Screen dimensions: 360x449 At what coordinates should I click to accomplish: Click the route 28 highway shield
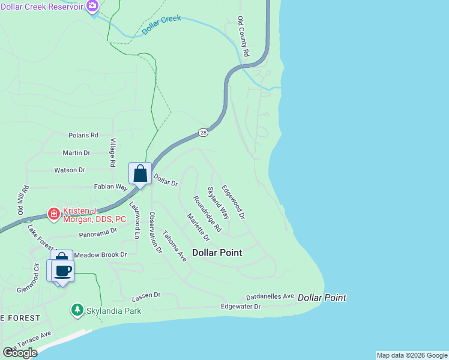[x=203, y=132]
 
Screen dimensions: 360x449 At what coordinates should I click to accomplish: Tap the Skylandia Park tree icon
[x=77, y=310]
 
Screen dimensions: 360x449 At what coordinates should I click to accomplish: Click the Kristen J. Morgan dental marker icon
[x=53, y=213]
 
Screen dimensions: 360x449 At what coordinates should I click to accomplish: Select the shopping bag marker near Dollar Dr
[x=140, y=174]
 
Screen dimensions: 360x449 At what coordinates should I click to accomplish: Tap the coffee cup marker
[x=62, y=271]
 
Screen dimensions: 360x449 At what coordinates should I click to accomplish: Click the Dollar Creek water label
[x=161, y=26]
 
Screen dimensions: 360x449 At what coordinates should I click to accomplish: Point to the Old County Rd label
[x=243, y=37]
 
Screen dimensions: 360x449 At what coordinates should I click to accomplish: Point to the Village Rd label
[x=112, y=152]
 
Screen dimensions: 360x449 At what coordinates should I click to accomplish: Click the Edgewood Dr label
[x=234, y=201]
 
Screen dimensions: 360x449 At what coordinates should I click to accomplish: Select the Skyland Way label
[x=218, y=203]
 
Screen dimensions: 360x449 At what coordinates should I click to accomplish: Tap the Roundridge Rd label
[x=207, y=214]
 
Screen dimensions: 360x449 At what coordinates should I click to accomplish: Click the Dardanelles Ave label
[x=270, y=296]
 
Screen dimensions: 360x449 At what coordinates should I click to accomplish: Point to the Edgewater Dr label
[x=241, y=307]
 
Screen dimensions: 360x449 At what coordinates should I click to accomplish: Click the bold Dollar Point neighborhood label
[x=217, y=253]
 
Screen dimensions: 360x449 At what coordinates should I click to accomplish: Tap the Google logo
[x=20, y=353]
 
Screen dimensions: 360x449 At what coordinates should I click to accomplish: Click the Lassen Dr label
[x=146, y=295]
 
